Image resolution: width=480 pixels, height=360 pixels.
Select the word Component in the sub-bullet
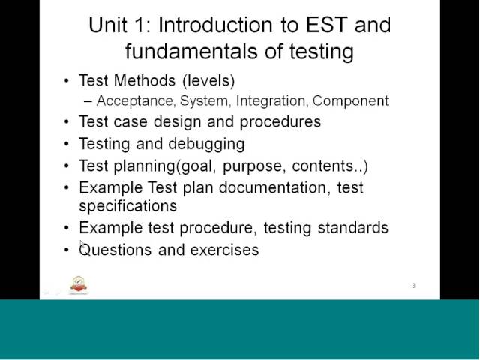click(x=351, y=100)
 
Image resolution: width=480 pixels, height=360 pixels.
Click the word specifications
click(x=127, y=205)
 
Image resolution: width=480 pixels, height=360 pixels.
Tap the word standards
click(x=352, y=227)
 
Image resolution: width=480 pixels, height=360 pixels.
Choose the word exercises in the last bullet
click(x=224, y=250)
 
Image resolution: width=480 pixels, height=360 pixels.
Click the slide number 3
click(x=413, y=286)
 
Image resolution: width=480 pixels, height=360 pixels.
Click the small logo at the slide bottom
click(x=79, y=285)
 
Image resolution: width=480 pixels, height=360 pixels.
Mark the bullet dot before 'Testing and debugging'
click(x=67, y=143)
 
